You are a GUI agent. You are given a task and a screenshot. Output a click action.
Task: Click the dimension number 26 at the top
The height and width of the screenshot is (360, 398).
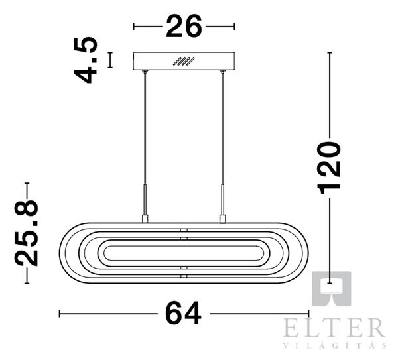click(184, 26)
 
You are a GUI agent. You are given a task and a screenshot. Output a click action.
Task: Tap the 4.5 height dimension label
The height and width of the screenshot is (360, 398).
click(86, 60)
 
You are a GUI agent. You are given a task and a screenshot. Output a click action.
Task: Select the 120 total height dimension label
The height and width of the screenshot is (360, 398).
click(329, 168)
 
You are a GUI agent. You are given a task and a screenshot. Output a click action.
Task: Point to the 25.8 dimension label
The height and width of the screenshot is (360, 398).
click(27, 233)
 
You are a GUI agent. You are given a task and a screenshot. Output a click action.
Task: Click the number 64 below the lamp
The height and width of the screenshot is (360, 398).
click(183, 313)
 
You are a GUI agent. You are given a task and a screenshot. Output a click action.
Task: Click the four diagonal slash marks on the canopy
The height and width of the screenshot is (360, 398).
click(184, 62)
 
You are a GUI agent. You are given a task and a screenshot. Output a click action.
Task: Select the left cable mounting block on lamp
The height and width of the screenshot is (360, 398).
click(145, 219)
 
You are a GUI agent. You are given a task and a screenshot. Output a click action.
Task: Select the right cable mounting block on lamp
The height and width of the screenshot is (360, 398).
click(223, 219)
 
